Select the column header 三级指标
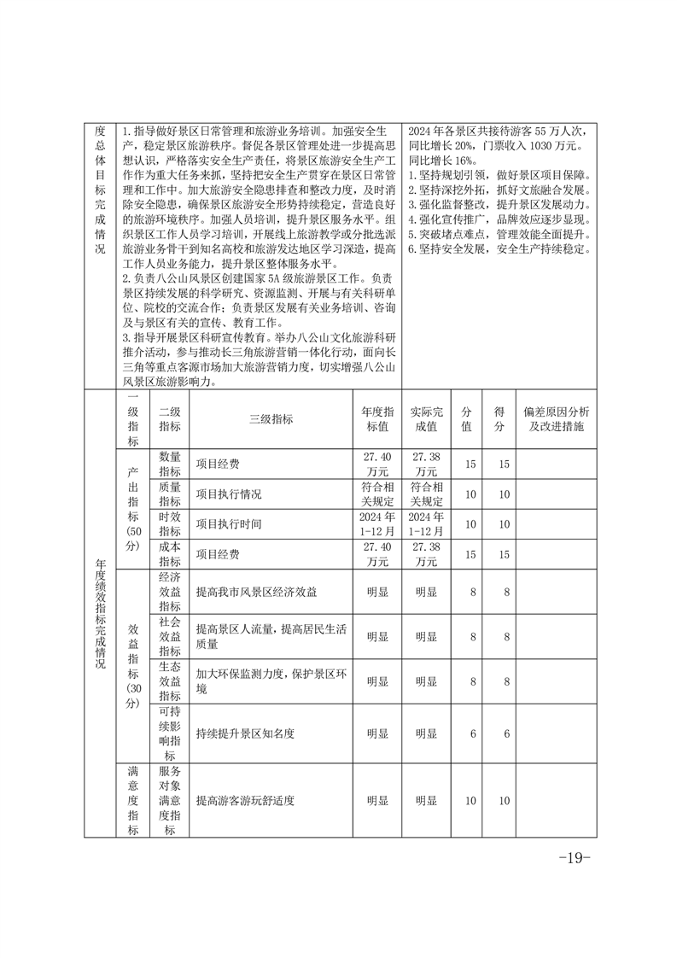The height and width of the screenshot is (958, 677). tap(271, 419)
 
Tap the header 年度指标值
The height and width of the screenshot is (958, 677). tap(377, 419)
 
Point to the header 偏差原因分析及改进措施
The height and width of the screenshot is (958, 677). tap(556, 419)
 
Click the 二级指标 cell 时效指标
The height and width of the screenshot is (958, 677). tap(169, 524)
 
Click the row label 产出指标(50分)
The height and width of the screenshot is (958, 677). tap(132, 509)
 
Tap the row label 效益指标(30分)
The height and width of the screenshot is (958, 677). tap(132, 665)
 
